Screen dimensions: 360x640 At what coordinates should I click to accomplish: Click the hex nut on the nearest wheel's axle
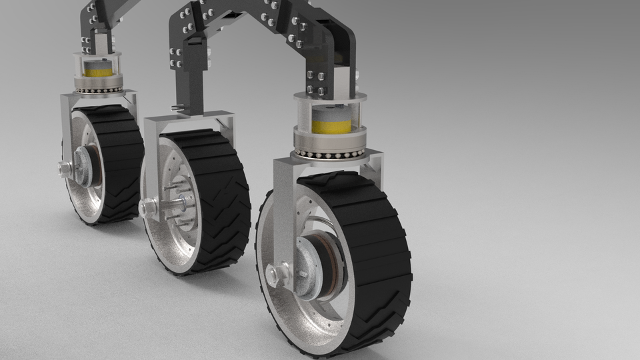pyautogui.click(x=277, y=274)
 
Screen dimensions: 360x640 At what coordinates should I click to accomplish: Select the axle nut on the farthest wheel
pyautogui.click(x=65, y=169)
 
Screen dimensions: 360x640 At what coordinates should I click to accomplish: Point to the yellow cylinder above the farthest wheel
pyautogui.click(x=98, y=69)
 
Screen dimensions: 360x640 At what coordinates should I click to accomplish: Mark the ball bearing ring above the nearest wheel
pyautogui.click(x=331, y=153)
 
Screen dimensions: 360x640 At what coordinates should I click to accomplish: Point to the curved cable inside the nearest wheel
pyautogui.click(x=319, y=223)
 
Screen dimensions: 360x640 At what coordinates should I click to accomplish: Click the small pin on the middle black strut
pyautogui.click(x=177, y=107)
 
